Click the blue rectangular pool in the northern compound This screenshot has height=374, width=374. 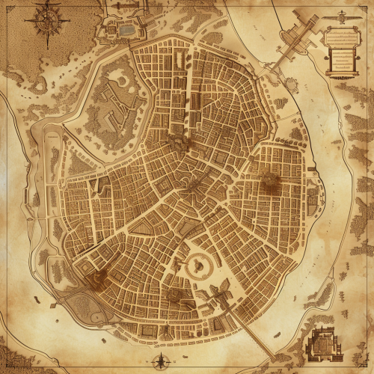click(127, 31)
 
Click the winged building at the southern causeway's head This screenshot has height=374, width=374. click(221, 295)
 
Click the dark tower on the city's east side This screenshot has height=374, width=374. click(269, 180)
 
